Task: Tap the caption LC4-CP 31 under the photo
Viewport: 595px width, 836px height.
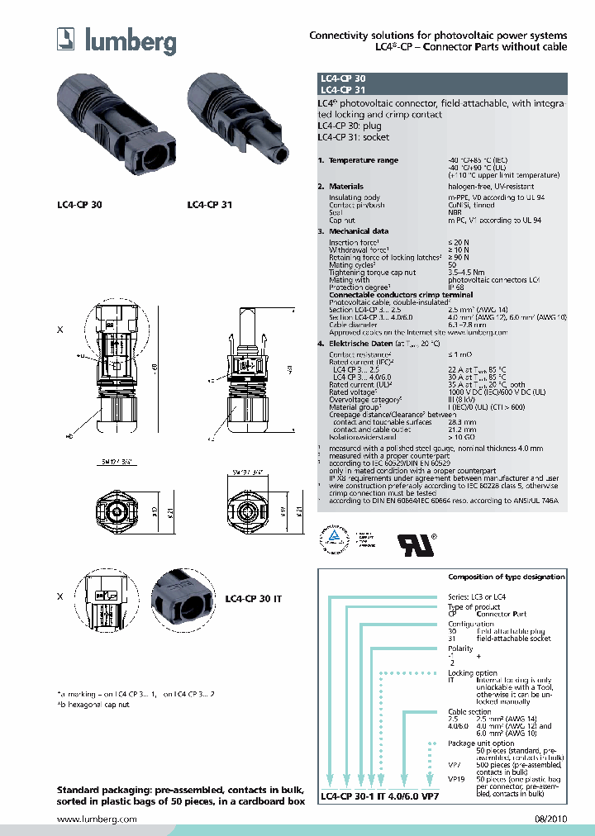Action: [x=209, y=203]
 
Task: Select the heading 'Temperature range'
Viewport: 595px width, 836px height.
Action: [x=363, y=160]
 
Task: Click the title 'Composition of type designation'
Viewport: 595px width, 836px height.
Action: [x=506, y=577]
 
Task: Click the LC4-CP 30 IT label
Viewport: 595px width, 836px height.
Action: [x=254, y=597]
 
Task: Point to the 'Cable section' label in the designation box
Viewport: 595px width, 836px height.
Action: [x=468, y=710]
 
